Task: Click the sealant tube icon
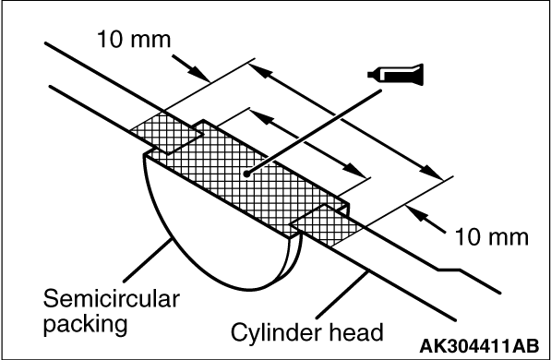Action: pos(396,75)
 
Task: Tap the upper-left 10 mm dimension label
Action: pos(134,39)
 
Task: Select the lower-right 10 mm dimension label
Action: pos(492,237)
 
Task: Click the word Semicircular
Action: pos(112,299)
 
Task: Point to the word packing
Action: pos(85,324)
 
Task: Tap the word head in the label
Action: pos(356,332)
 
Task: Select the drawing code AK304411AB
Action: pos(479,346)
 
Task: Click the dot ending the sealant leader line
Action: pos(246,174)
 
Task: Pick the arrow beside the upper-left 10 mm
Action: pos(191,68)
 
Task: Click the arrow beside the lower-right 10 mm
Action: pos(425,220)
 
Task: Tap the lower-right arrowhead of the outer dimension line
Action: pos(432,173)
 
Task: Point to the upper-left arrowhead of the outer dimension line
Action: pos(261,70)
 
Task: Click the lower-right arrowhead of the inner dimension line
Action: pos(354,171)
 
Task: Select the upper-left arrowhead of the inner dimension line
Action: pos(261,117)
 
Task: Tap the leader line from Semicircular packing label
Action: pos(148,260)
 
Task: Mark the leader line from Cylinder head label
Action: pos(342,295)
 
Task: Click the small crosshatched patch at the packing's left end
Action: pos(166,133)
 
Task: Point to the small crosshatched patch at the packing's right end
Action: pos(326,225)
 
